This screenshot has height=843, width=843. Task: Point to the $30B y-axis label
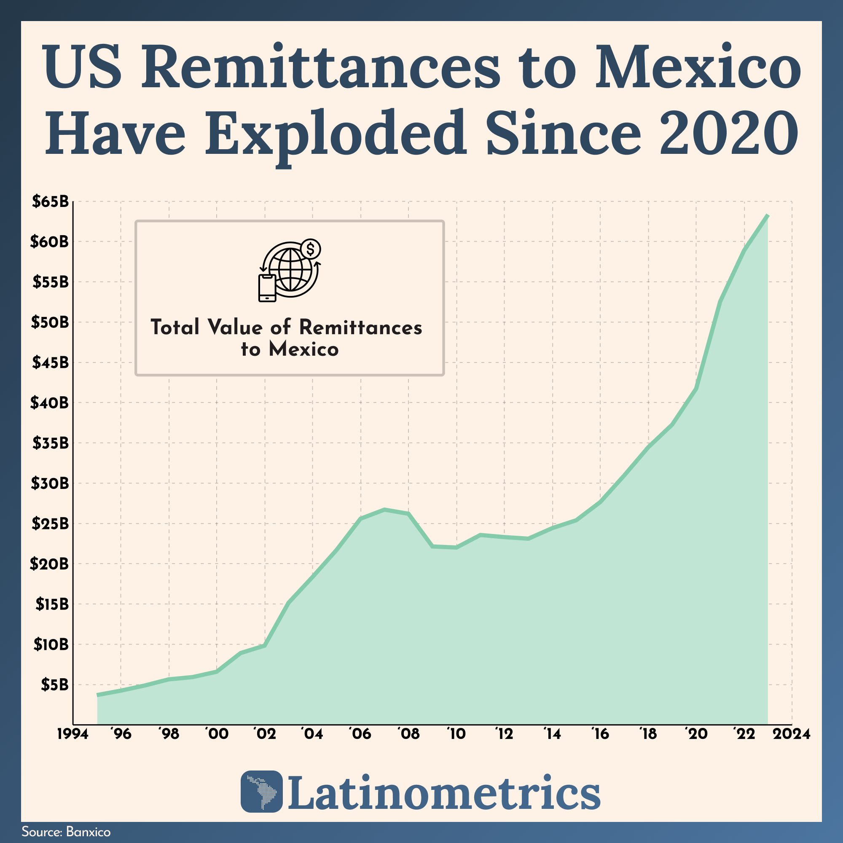(x=50, y=483)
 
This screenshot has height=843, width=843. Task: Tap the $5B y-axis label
(x=54, y=685)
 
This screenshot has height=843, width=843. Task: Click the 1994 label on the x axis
(x=72, y=734)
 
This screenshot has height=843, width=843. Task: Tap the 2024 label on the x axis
(x=791, y=734)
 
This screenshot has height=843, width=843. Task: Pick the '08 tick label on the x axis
(x=408, y=734)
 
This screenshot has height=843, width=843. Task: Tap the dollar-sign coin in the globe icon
(x=310, y=249)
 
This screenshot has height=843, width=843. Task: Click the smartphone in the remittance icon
(x=267, y=288)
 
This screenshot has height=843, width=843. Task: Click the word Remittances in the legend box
(x=360, y=327)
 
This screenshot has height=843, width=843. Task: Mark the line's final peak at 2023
(x=768, y=215)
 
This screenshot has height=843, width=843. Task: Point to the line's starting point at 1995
(x=97, y=695)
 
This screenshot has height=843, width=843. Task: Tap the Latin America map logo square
(x=261, y=791)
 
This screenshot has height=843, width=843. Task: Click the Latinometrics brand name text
(x=443, y=792)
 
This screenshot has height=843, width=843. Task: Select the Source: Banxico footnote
(x=66, y=832)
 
